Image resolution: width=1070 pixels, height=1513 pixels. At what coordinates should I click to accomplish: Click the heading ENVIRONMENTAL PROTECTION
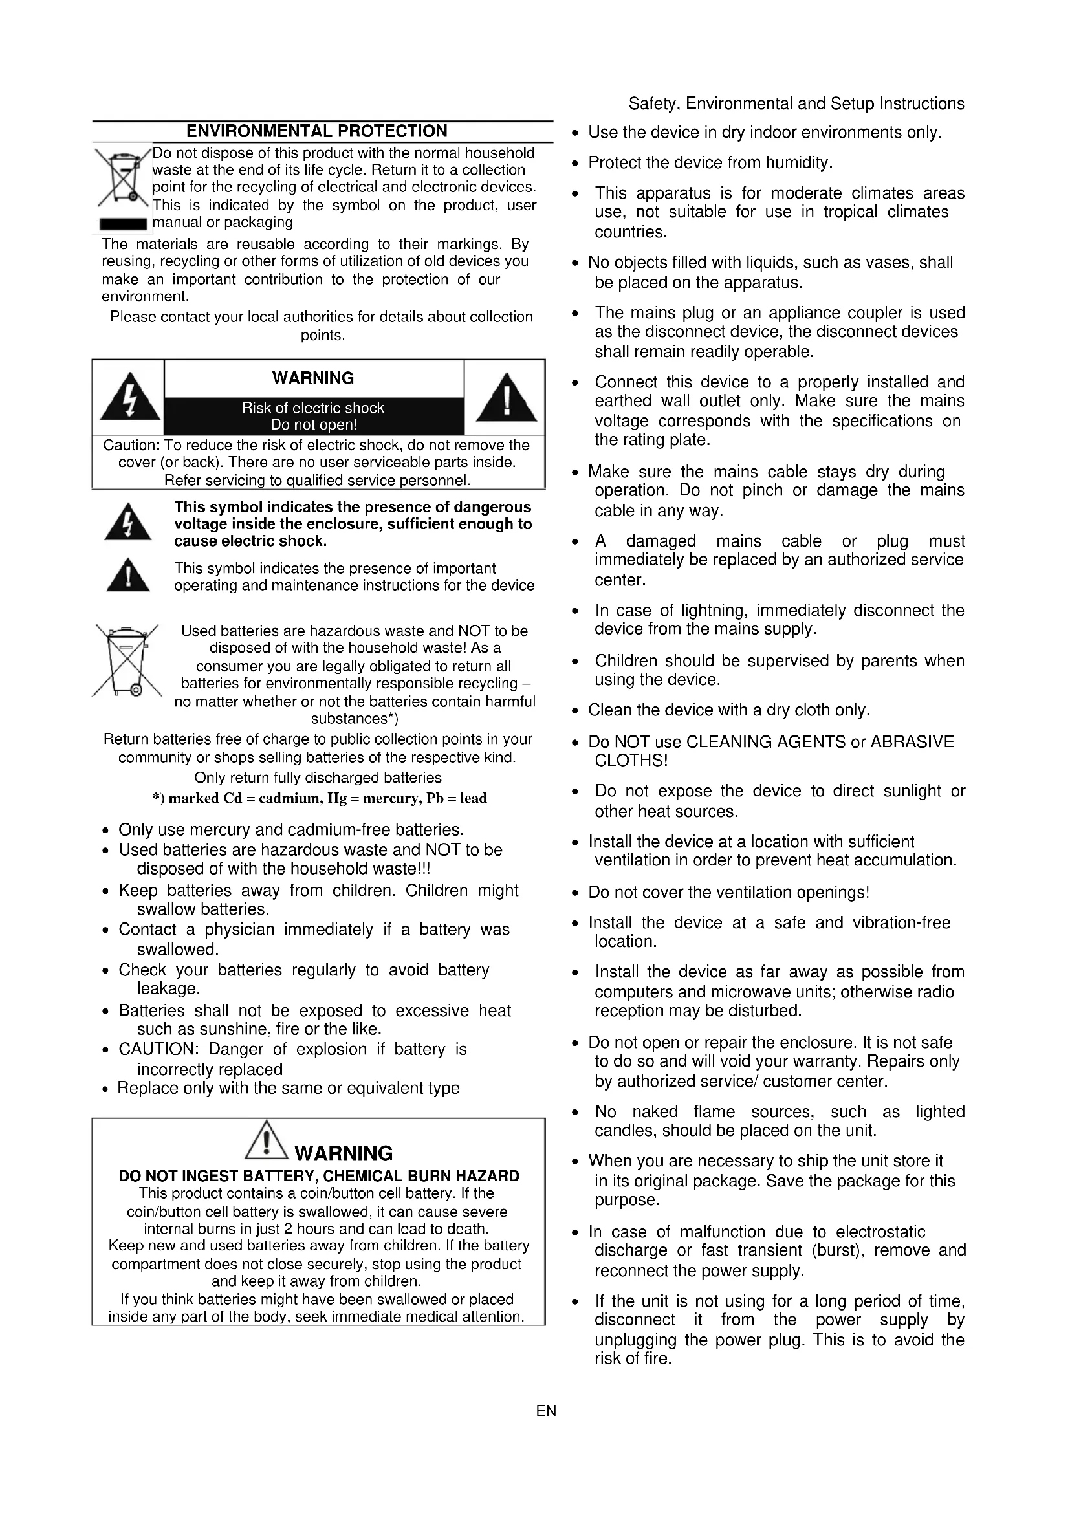(x=316, y=131)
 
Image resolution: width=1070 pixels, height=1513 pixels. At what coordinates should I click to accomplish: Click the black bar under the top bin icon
(x=122, y=224)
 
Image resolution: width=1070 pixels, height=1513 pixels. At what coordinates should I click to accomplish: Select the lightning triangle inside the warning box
(x=130, y=397)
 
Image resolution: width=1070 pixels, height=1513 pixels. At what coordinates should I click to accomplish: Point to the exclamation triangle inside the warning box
(x=506, y=397)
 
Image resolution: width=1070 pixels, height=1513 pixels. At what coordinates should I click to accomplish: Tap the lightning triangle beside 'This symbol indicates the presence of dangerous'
(x=128, y=523)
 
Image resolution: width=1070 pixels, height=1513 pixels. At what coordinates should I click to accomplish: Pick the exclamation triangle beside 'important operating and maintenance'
(x=128, y=575)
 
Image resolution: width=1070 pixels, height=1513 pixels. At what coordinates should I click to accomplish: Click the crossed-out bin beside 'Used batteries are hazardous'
(x=127, y=660)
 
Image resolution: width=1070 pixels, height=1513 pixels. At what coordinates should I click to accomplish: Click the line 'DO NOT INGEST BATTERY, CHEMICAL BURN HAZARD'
(x=319, y=1176)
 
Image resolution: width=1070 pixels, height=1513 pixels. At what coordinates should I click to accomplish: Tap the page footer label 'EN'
(x=546, y=1411)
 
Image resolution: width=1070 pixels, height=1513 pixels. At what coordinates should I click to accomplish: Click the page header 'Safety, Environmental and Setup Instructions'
(x=796, y=103)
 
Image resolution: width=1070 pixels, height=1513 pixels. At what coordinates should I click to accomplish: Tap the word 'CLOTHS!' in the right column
(x=631, y=761)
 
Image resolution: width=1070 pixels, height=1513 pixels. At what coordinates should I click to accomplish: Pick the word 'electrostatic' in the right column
(x=880, y=1232)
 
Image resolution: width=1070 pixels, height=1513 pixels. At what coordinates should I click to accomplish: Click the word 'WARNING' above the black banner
(x=313, y=378)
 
